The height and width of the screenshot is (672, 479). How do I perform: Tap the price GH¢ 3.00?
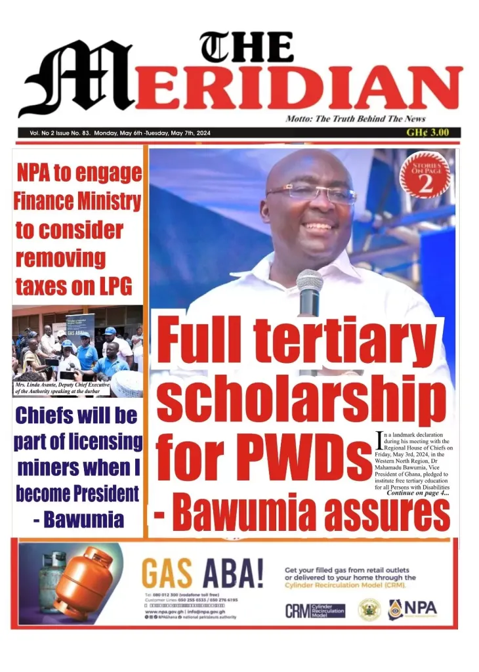[427, 132]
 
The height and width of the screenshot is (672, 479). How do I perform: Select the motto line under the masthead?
[355, 119]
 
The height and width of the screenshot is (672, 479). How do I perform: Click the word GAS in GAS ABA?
[167, 575]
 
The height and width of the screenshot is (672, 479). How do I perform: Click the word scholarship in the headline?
[301, 401]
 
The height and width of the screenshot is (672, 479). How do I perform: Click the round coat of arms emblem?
[369, 610]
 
